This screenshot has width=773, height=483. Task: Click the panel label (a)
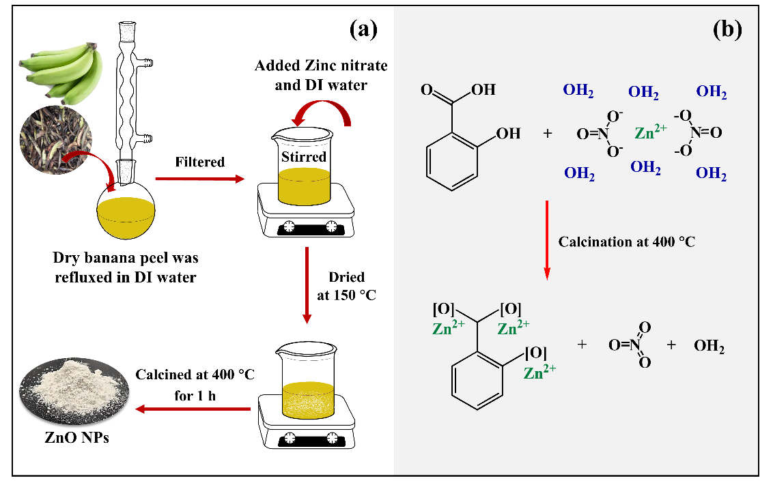(x=363, y=29)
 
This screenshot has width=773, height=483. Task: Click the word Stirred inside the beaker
(x=305, y=157)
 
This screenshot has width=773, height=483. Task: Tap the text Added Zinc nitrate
(x=321, y=66)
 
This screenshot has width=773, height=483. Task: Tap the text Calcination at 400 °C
(x=626, y=241)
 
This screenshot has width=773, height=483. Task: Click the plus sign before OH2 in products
(x=671, y=345)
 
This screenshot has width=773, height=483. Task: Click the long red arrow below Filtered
(x=199, y=179)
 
